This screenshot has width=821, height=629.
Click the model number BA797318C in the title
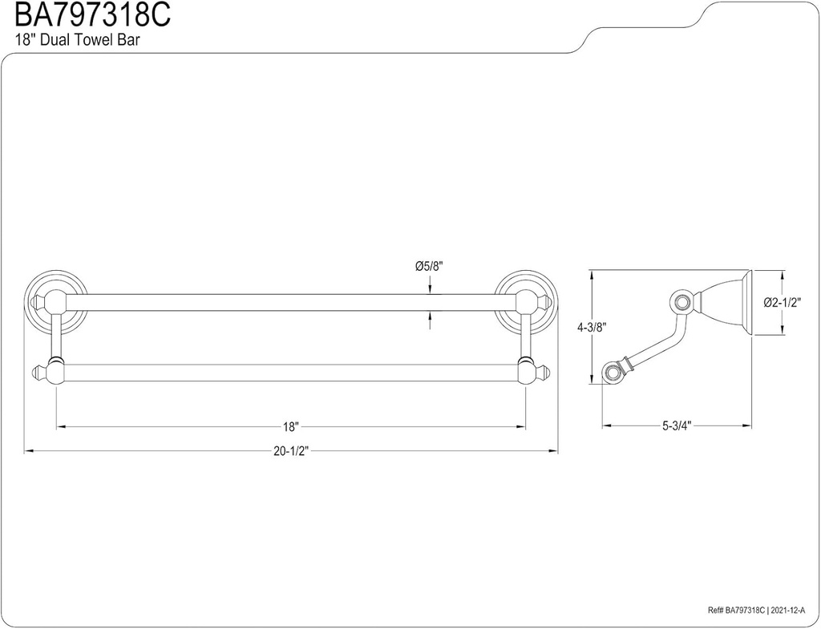pyautogui.click(x=85, y=15)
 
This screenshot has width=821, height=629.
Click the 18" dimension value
pyautogui.click(x=290, y=426)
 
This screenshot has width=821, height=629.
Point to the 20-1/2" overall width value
pyautogui.click(x=290, y=451)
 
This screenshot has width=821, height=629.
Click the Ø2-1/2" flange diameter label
pyautogui.click(x=783, y=303)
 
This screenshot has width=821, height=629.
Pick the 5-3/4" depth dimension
pyautogui.click(x=677, y=426)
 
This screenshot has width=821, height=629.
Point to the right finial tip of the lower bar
pyautogui.click(x=547, y=372)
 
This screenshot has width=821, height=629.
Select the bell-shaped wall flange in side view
pyautogui.click(x=726, y=302)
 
